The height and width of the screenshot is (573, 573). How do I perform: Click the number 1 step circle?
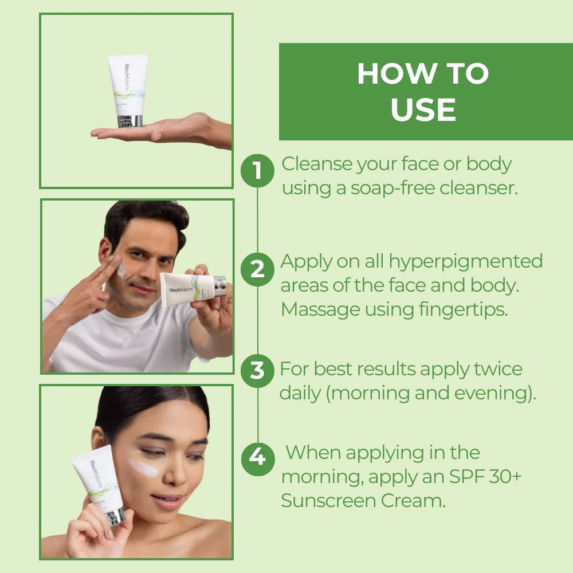[x=257, y=170]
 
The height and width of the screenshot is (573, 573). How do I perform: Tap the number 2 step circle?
[x=257, y=269]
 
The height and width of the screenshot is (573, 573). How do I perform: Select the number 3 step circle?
[x=257, y=370]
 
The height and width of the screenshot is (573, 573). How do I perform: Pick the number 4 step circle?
[x=257, y=458]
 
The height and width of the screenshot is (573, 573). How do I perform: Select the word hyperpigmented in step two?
[x=465, y=261]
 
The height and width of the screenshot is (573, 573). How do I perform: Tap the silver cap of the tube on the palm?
[x=129, y=121]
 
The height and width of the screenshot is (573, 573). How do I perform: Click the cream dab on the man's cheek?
[x=122, y=270]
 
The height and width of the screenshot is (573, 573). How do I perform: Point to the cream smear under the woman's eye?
[x=143, y=468]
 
